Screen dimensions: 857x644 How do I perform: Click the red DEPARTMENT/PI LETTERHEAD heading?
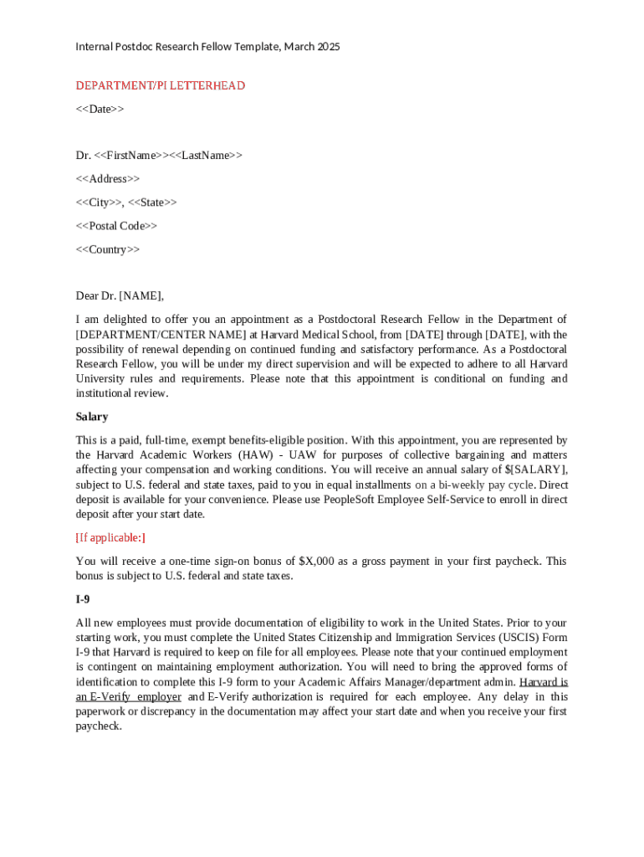coord(160,85)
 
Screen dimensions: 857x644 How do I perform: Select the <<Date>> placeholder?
coord(100,109)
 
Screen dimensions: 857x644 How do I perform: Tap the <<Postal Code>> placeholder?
coord(116,225)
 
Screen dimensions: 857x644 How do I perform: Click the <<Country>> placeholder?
coord(108,249)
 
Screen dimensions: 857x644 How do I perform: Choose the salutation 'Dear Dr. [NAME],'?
coord(120,295)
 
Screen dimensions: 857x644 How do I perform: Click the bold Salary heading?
coord(92,416)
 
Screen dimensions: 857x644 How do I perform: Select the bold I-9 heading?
coord(84,599)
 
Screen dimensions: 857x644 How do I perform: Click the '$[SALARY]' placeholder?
coord(536,470)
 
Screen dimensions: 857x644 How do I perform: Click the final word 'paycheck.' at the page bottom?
coord(99,726)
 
